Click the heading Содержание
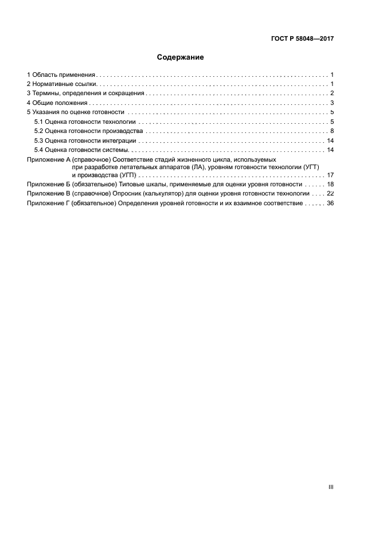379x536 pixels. [181, 57]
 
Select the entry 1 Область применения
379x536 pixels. [61, 75]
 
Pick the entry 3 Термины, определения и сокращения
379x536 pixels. [86, 93]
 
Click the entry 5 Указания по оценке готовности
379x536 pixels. [76, 112]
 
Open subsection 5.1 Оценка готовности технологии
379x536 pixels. [85, 122]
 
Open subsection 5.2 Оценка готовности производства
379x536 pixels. [88, 131]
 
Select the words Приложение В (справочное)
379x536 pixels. [69, 194]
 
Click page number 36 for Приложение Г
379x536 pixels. [330, 204]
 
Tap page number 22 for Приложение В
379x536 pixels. [330, 194]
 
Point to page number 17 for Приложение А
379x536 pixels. [330, 175]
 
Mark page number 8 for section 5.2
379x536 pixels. [332, 131]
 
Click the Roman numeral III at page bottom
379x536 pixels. [331, 487]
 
